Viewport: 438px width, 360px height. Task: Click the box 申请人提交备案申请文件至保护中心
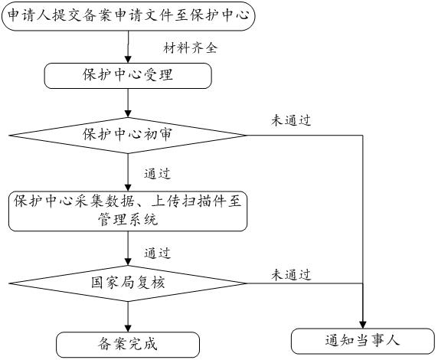(x=128, y=15)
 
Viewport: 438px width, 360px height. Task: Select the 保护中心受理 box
(x=128, y=76)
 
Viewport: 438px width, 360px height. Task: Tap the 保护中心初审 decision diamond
(x=128, y=136)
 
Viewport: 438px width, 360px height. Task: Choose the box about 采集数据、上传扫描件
(x=128, y=211)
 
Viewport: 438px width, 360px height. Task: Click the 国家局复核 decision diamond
(x=128, y=283)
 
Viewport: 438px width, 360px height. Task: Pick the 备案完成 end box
(x=128, y=345)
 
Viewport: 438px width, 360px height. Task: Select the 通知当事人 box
(x=363, y=341)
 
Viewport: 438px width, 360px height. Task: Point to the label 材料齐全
(x=190, y=48)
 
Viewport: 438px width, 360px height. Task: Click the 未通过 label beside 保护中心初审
(x=291, y=120)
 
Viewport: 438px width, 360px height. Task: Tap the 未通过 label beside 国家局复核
(x=291, y=275)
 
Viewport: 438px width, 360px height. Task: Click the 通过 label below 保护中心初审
(x=157, y=174)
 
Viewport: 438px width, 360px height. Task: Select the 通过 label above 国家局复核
(x=157, y=254)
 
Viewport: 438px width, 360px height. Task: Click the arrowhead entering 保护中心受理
(x=128, y=60)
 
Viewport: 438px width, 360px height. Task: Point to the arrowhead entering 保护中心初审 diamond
(x=128, y=114)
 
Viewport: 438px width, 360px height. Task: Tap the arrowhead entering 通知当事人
(x=363, y=325)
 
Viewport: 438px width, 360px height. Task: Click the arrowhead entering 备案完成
(x=128, y=329)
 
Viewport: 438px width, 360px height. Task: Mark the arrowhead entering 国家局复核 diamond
(x=128, y=262)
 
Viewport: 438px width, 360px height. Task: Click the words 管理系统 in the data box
(x=128, y=219)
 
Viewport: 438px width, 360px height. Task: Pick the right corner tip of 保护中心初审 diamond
(x=247, y=136)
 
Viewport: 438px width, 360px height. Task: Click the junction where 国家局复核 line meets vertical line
(x=363, y=283)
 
